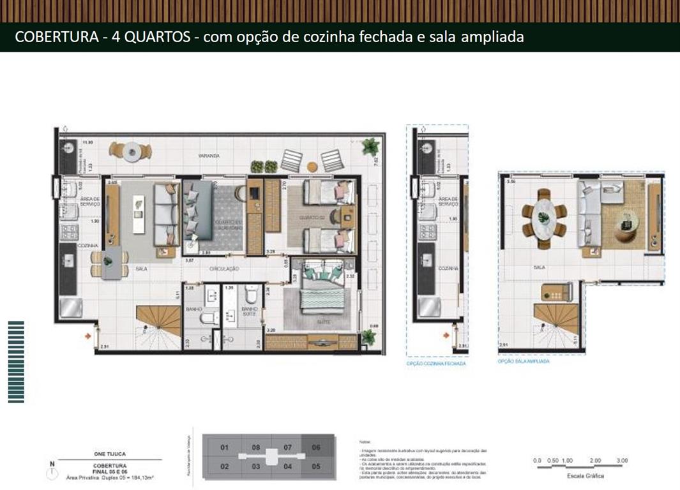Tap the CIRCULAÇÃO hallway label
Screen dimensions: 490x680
click(224, 269)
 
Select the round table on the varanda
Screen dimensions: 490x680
click(132, 152)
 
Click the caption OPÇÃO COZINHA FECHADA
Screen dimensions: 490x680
click(436, 363)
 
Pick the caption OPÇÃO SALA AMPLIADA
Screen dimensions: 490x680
click(523, 360)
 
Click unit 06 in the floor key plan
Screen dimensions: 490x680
click(315, 448)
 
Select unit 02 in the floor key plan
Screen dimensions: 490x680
click(224, 466)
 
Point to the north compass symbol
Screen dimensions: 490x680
click(50, 471)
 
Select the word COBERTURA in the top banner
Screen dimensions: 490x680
click(49, 37)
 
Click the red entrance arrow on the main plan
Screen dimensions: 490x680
click(88, 334)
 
